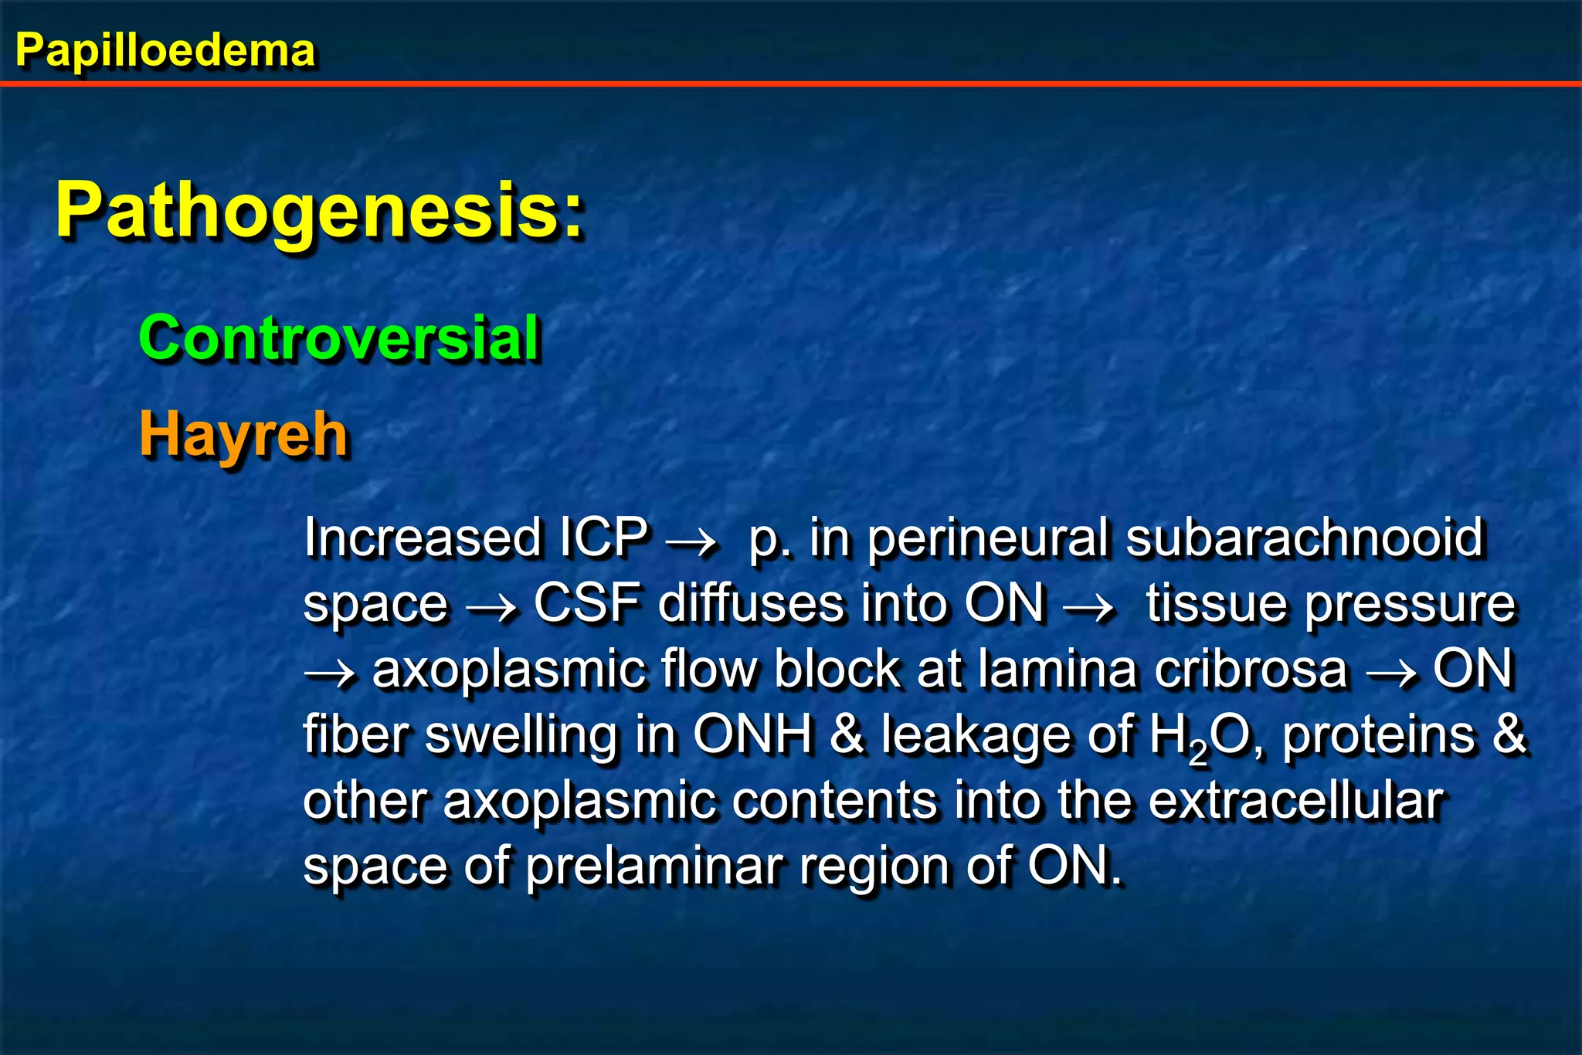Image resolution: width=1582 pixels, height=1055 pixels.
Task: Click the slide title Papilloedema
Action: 165,51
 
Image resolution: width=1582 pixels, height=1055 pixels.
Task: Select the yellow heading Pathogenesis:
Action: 320,210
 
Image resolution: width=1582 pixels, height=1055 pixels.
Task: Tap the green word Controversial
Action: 339,338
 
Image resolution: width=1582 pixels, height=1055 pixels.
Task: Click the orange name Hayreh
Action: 243,435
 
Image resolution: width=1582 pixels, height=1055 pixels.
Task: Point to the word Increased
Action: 422,537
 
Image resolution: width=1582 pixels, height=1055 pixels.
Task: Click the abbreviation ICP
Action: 603,537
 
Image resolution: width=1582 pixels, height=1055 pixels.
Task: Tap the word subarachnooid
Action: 1304,537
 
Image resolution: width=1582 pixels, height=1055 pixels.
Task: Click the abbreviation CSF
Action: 587,603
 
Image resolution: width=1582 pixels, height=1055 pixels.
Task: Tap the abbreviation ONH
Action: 753,734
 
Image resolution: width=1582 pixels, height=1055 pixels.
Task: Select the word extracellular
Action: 1296,800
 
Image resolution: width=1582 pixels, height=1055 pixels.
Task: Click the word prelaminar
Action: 655,866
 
